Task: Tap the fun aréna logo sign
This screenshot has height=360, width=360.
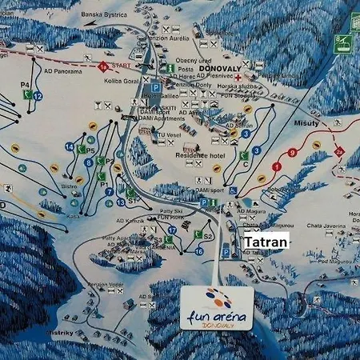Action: coord(217,307)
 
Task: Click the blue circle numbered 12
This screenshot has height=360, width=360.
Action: coord(38,96)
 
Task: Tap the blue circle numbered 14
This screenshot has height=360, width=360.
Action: coord(70,146)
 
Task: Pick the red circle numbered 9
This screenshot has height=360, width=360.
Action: coord(292,152)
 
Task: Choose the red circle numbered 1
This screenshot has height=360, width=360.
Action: coord(277,166)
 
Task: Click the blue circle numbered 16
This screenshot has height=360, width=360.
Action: coord(199,251)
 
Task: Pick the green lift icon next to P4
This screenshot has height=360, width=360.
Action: coord(27,94)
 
